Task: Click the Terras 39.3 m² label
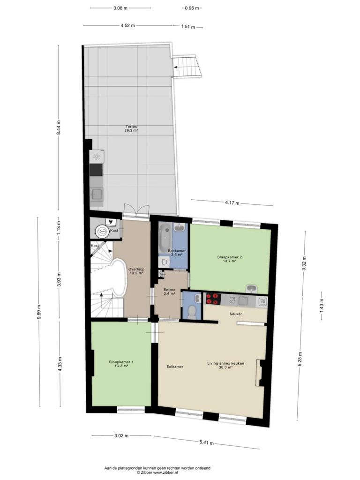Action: [131, 128]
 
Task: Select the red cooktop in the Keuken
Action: [213, 299]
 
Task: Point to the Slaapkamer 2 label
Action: [230, 259]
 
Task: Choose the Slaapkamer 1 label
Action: [121, 364]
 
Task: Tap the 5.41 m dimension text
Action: [206, 442]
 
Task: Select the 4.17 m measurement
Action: [232, 202]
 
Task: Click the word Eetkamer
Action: [175, 367]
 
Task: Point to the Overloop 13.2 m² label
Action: [136, 271]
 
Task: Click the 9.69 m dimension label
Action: [39, 312]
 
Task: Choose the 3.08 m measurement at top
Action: [120, 8]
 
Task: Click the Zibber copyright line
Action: [157, 472]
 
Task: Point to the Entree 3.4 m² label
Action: [169, 292]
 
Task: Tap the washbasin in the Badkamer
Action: [178, 227]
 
